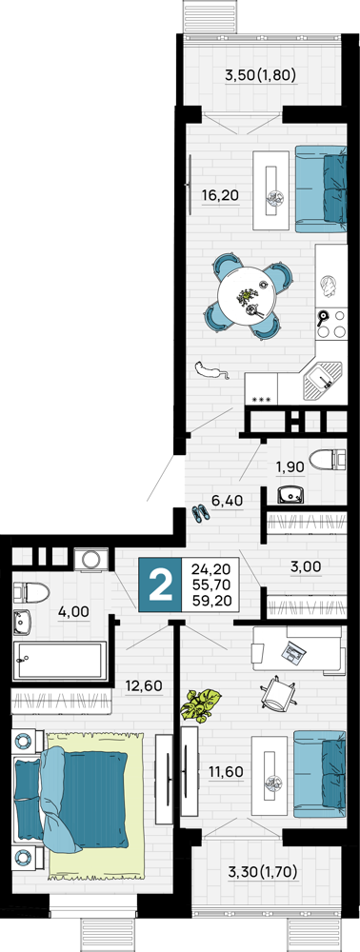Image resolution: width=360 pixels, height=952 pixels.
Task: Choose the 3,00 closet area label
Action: click(306, 568)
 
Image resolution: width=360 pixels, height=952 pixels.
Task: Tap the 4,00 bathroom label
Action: click(73, 611)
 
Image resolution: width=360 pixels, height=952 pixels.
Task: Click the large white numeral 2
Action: click(160, 585)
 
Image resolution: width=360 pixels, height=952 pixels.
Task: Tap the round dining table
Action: click(248, 296)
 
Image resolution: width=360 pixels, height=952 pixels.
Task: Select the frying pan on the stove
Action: click(325, 317)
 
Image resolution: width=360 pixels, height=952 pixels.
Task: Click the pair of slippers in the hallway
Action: click(201, 514)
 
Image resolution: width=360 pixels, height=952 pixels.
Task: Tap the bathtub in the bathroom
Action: click(60, 662)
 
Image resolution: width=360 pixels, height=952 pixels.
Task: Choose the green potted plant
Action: click(201, 705)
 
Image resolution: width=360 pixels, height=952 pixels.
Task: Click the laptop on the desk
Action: click(295, 652)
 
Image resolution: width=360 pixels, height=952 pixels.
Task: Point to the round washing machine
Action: click(91, 559)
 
